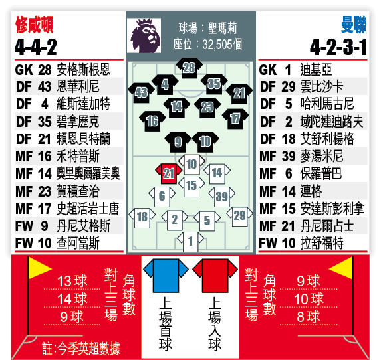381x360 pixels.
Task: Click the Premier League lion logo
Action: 145,36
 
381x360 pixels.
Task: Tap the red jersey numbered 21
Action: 168,174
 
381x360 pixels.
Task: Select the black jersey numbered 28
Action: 190,68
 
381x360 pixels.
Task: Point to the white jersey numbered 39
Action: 221,197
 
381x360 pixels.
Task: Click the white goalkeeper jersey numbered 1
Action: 190,242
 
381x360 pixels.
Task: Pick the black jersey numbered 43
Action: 141,92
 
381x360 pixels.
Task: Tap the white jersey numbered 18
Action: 142,218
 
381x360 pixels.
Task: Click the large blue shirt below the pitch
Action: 166,276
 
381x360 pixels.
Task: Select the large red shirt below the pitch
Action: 215,276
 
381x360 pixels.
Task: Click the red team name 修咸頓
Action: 35,25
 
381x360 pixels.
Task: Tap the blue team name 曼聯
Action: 354,25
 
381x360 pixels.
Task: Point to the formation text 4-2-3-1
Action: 338,47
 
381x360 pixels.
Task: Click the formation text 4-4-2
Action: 36,47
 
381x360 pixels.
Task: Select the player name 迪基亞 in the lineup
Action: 316,70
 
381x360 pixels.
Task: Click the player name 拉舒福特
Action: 322,243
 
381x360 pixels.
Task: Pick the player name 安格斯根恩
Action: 83,70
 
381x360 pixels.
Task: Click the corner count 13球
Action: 72,281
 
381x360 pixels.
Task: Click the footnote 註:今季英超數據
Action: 81,348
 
